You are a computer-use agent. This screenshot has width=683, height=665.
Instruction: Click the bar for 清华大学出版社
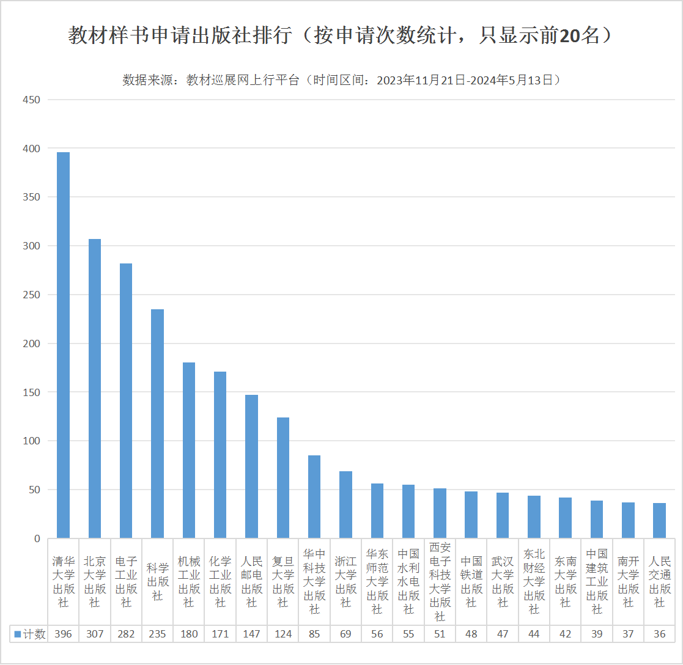click(x=63, y=345)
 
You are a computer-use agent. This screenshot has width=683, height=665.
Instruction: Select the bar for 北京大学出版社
click(x=95, y=389)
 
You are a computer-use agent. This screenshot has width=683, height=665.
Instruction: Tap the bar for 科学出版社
click(x=157, y=424)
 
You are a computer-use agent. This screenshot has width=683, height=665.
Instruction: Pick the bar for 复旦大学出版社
click(x=283, y=478)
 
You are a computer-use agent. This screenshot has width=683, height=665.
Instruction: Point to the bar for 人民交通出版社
click(x=659, y=521)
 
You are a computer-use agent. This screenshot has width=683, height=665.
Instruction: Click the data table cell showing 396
click(x=63, y=634)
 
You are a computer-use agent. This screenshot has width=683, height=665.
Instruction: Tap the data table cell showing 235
click(x=157, y=634)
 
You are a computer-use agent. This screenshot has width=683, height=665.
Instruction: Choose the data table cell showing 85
click(x=314, y=634)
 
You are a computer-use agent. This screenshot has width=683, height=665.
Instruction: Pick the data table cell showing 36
click(x=659, y=634)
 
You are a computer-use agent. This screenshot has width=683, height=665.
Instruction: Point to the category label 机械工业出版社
click(x=189, y=581)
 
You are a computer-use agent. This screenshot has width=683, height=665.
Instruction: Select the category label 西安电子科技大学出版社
click(x=440, y=581)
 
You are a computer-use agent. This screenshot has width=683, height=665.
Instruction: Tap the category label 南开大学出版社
click(x=628, y=581)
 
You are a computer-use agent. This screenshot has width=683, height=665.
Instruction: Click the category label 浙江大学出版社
click(x=345, y=581)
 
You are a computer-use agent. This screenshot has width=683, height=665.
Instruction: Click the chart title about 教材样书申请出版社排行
click(x=341, y=35)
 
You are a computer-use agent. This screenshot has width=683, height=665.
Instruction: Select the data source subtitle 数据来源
click(x=341, y=80)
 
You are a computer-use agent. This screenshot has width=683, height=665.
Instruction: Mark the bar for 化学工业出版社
click(x=220, y=455)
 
